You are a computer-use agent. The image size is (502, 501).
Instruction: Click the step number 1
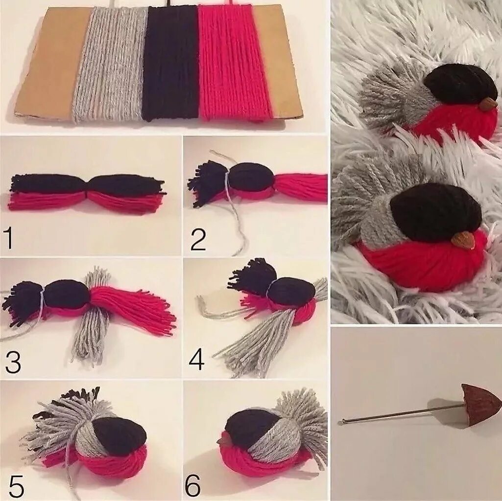(9, 239)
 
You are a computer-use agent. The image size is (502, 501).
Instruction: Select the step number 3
(13, 362)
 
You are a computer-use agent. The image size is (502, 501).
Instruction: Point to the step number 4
(196, 359)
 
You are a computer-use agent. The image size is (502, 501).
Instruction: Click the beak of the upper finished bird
(489, 103)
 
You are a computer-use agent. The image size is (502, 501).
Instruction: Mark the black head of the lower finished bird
(435, 212)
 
